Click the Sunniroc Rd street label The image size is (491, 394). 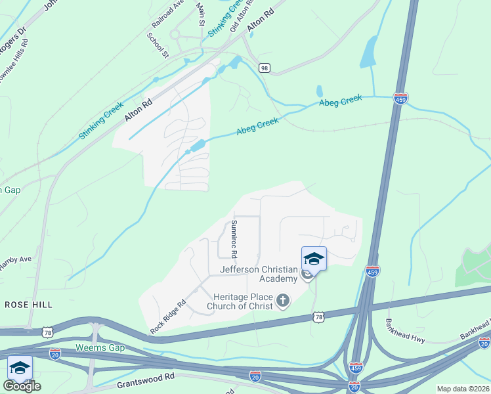(233, 238)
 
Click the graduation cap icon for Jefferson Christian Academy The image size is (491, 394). (314, 259)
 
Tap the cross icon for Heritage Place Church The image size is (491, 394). (283, 301)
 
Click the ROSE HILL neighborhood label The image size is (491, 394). (28, 305)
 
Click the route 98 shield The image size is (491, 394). (265, 68)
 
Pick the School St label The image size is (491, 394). (158, 44)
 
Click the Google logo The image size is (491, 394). (22, 386)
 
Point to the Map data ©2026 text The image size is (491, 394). (462, 389)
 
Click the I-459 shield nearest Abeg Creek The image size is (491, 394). (401, 98)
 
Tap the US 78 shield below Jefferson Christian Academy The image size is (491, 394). (319, 317)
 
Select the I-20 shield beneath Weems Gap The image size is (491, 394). (55, 353)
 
